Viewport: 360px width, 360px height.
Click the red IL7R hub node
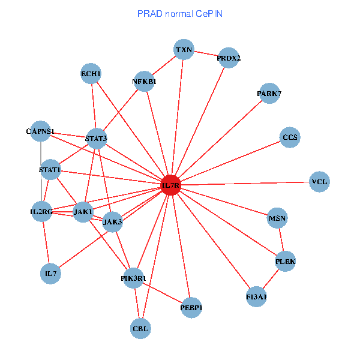[171, 186]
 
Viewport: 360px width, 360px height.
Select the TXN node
[184, 50]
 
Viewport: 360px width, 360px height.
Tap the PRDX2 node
[229, 58]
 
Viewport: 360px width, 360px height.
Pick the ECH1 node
[91, 74]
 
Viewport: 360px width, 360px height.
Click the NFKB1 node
[144, 81]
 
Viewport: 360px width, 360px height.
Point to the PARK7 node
[269, 94]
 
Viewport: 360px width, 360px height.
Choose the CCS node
[290, 137]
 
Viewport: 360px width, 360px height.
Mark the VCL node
[320, 181]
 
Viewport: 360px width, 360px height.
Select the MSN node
[277, 218]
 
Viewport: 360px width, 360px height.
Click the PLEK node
[286, 261]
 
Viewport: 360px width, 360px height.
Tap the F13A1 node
[256, 297]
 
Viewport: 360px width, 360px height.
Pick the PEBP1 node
[191, 308]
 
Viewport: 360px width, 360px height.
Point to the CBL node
[140, 328]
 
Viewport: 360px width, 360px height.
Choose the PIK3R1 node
[133, 278]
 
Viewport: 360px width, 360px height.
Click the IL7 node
[51, 274]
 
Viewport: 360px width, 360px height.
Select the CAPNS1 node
[40, 131]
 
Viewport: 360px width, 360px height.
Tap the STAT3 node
[96, 139]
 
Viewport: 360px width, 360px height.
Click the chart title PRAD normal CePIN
[180, 13]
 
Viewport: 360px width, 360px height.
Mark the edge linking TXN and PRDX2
[206, 54]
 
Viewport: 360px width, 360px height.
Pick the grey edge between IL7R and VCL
[246, 184]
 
